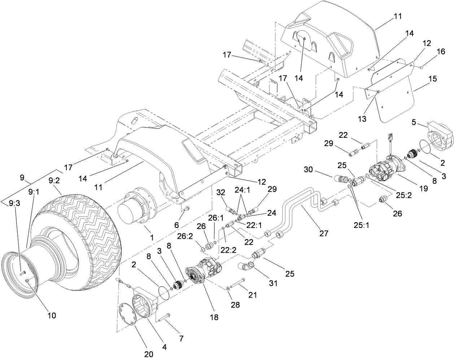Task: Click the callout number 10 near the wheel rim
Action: (x=52, y=315)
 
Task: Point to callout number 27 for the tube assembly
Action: (x=323, y=233)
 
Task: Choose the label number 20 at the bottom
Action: (x=149, y=354)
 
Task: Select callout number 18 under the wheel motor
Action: (x=214, y=317)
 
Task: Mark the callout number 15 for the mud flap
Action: (x=432, y=78)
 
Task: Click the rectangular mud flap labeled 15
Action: (x=393, y=105)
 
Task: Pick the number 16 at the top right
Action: (x=441, y=52)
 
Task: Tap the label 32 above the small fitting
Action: (x=221, y=192)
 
